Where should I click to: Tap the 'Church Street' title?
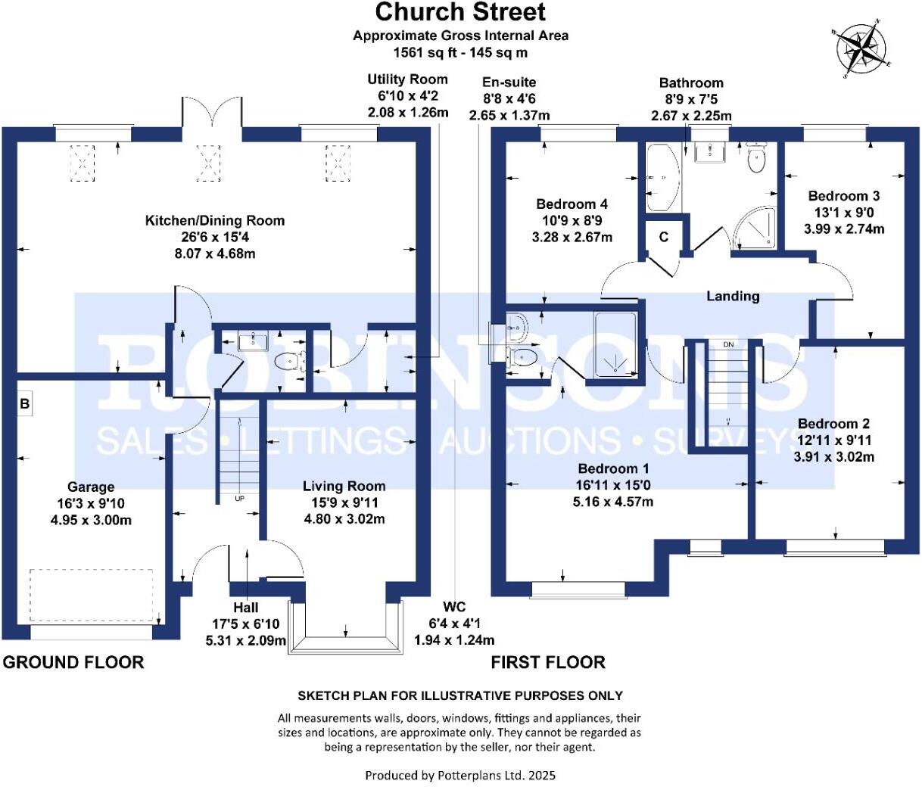tap(460, 12)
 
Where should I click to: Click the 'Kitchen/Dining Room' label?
tap(215, 221)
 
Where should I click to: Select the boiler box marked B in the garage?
tap(25, 404)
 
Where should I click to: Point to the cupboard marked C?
tap(664, 237)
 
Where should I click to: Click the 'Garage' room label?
tap(91, 487)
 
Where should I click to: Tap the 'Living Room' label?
tap(344, 487)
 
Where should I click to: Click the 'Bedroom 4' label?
tap(572, 204)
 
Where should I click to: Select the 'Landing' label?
tap(733, 296)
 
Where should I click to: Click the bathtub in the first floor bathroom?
tap(662, 179)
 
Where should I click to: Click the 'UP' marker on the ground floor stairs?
tap(240, 499)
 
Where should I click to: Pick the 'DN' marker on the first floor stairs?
tap(728, 345)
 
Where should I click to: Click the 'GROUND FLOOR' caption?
tap(73, 662)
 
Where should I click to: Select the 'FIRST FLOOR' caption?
tap(548, 662)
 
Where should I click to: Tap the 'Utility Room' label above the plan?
tap(407, 79)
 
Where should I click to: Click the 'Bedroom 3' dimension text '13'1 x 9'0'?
tap(843, 213)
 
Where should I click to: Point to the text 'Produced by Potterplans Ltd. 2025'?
tap(460, 775)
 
